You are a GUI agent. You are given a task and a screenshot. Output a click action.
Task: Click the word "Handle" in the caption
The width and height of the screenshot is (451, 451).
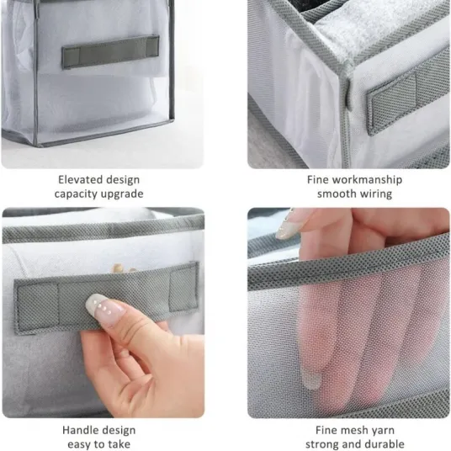point(78,430)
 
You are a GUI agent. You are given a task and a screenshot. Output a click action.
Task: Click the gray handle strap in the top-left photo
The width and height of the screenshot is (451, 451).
point(110,52)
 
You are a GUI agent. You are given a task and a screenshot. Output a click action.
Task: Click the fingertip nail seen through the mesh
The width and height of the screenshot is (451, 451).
point(310,379)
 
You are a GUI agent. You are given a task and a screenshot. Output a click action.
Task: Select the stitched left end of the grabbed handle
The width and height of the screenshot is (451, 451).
point(38,306)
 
